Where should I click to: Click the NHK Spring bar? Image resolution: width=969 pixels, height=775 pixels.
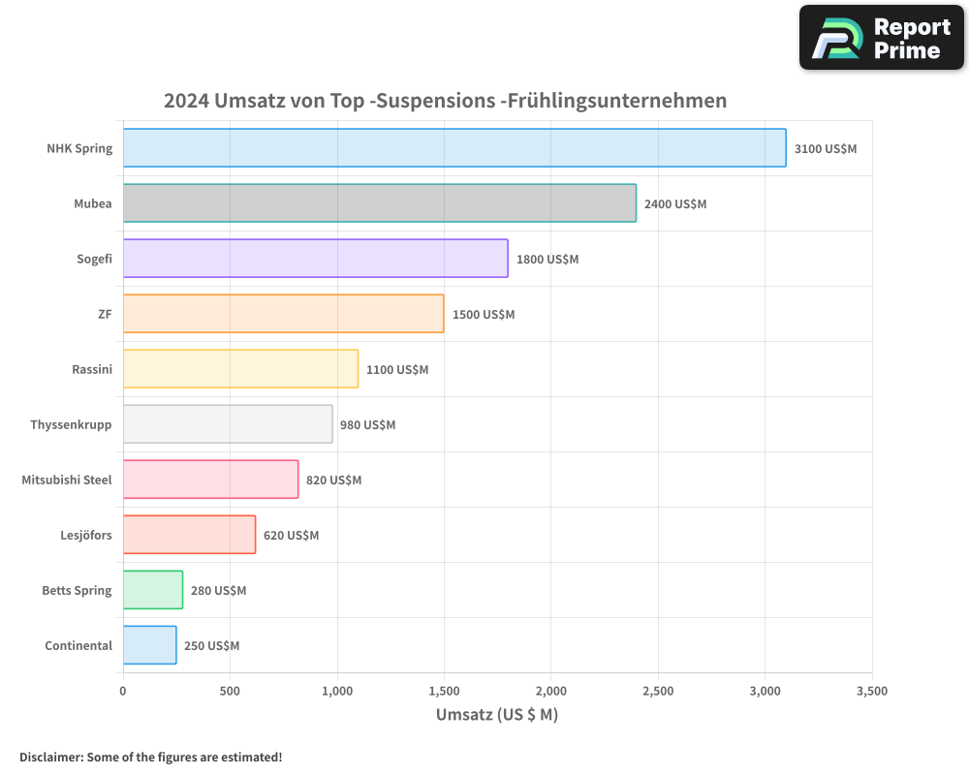pyautogui.click(x=454, y=148)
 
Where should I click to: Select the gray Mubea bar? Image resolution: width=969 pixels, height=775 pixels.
pyautogui.click(x=380, y=203)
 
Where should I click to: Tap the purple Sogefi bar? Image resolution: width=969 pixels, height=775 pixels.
pyautogui.click(x=315, y=259)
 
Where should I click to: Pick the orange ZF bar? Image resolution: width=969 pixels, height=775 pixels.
pyautogui.click(x=283, y=314)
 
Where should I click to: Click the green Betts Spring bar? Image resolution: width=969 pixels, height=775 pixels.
pyautogui.click(x=153, y=590)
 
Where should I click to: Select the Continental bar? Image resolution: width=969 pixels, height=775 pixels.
pyautogui.click(x=150, y=645)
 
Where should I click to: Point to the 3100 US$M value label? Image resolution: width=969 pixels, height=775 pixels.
pyautogui.click(x=826, y=149)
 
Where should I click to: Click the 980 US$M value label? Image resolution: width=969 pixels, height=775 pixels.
pyautogui.click(x=367, y=425)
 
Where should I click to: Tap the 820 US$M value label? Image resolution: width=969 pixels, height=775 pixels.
pyautogui.click(x=333, y=480)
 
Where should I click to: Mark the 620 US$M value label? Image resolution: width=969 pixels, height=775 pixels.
pyautogui.click(x=291, y=536)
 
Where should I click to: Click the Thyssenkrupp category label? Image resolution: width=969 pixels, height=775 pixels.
pyautogui.click(x=71, y=424)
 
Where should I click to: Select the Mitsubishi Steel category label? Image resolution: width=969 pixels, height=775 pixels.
pyautogui.click(x=67, y=480)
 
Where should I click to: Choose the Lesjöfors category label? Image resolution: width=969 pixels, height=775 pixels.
pyautogui.click(x=86, y=535)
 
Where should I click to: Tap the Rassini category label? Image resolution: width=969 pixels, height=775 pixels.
pyautogui.click(x=92, y=369)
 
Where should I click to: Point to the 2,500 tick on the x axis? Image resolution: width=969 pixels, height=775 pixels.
pyautogui.click(x=658, y=692)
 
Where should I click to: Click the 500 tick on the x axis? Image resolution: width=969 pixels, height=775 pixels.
pyautogui.click(x=230, y=692)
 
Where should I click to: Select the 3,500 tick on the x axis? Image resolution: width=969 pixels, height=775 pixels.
pyautogui.click(x=872, y=692)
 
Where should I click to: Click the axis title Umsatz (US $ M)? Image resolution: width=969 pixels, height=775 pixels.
pyautogui.click(x=497, y=715)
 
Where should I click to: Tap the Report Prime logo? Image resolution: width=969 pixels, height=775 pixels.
pyautogui.click(x=882, y=38)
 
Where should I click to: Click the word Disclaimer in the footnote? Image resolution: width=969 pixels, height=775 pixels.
pyautogui.click(x=50, y=757)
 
